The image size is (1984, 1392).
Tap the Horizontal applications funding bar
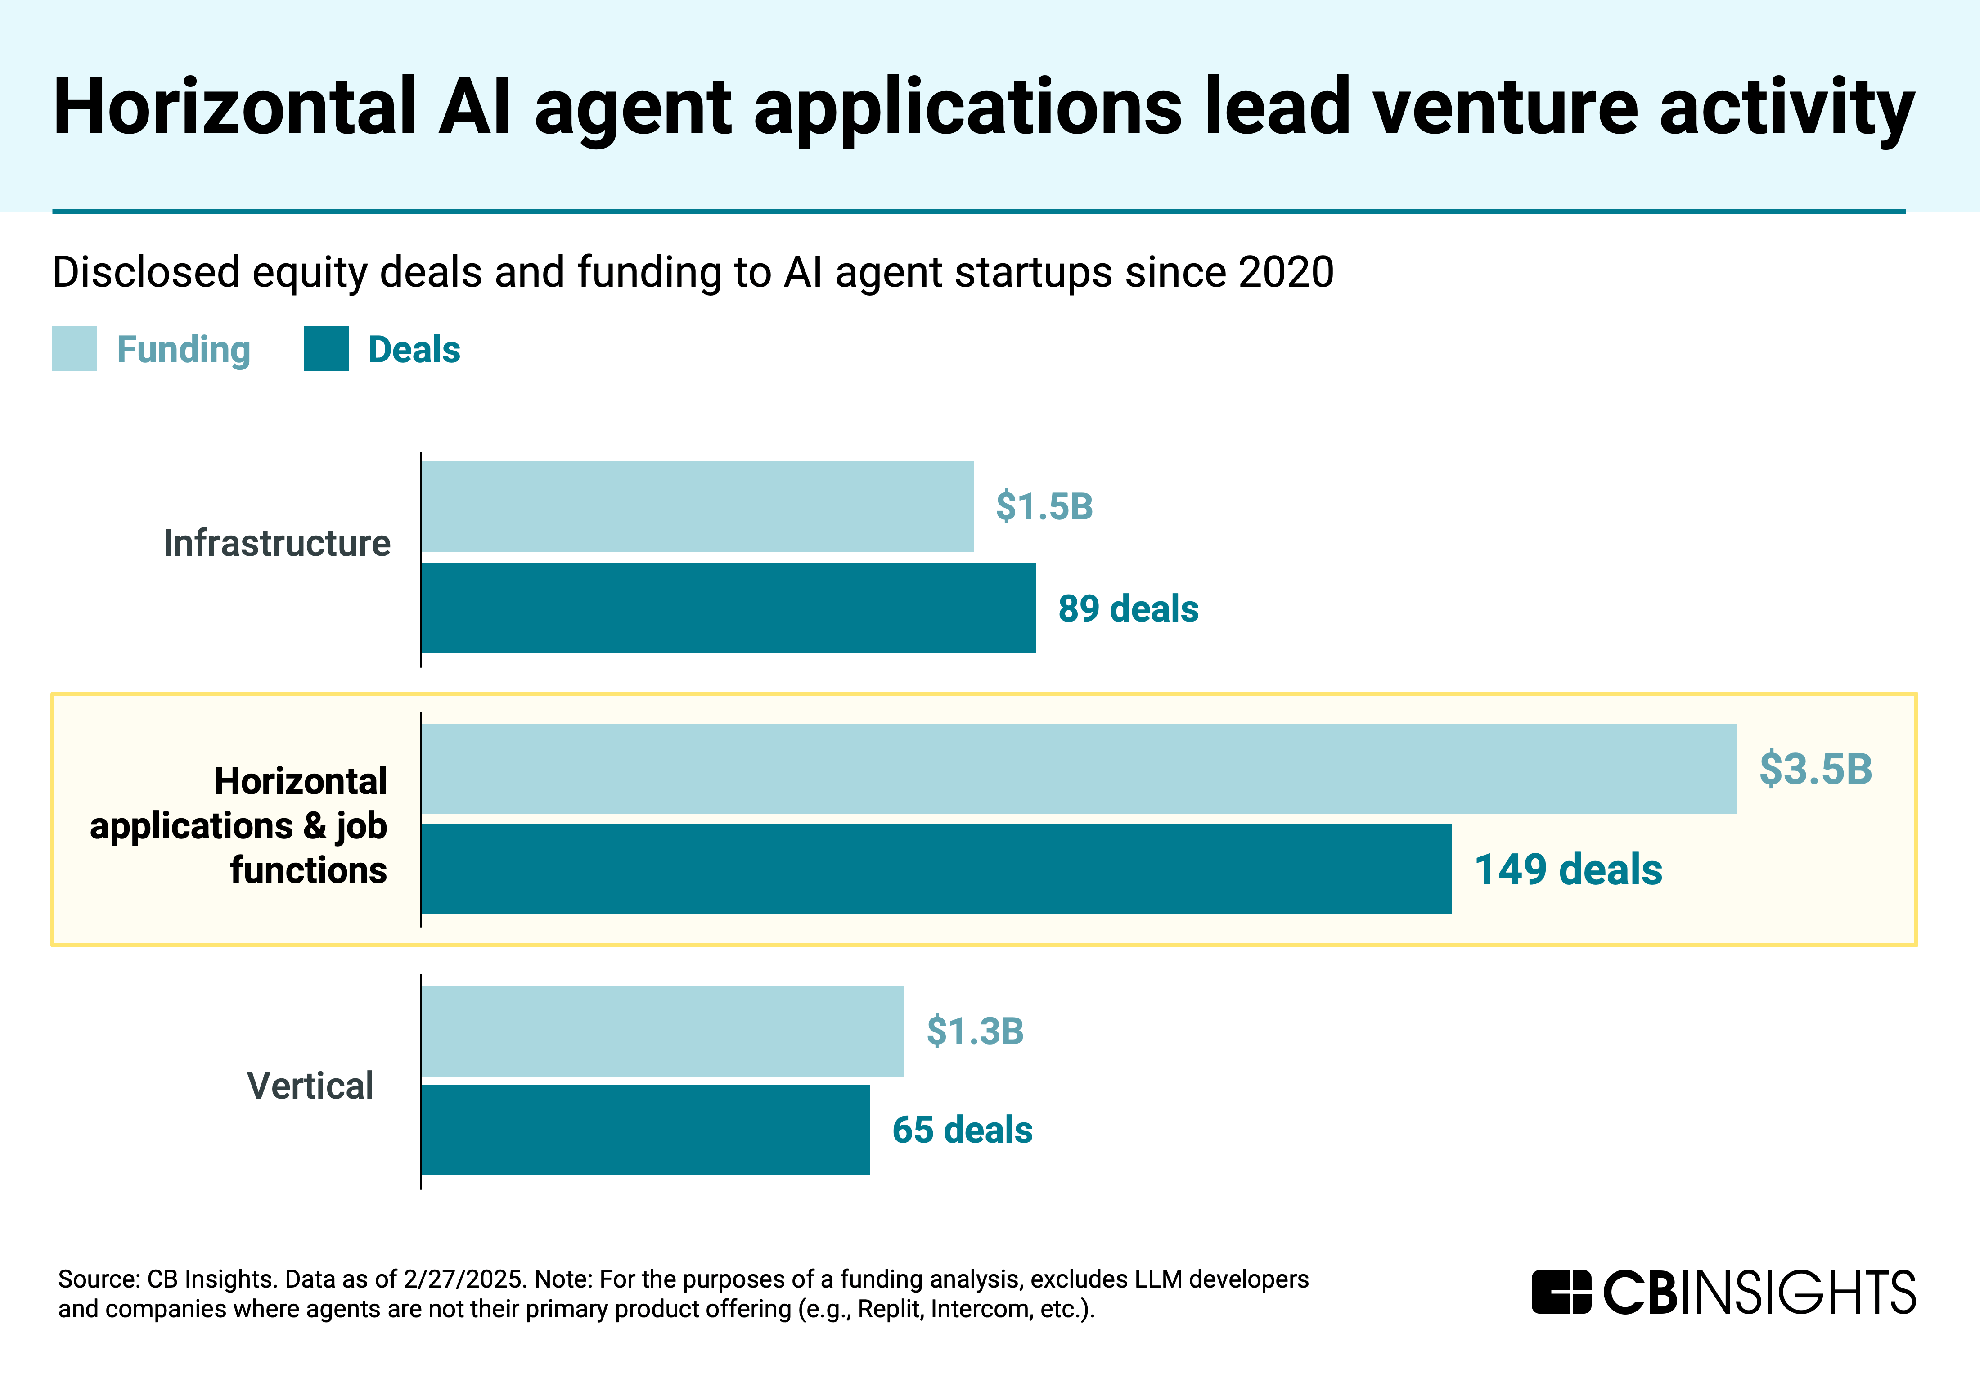coord(1079,768)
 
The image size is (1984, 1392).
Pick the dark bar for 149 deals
coord(936,869)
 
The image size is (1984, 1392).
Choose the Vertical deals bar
coord(645,1130)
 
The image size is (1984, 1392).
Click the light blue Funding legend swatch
coord(74,349)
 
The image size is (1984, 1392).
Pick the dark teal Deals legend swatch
coord(326,349)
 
